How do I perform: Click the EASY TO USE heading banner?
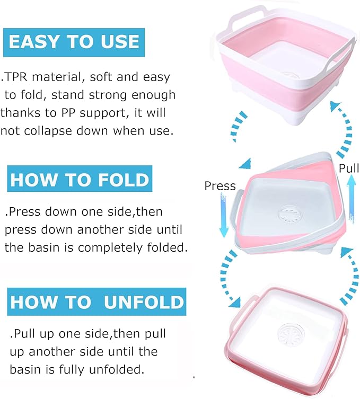tap(74, 42)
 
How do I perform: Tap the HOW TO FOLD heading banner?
tap(80, 179)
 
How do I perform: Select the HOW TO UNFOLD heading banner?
tap(96, 302)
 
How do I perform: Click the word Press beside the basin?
tap(220, 186)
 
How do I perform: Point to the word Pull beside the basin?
tap(349, 168)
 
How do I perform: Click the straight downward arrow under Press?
tap(224, 215)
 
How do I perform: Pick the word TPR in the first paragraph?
tap(15, 77)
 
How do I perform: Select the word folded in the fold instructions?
tap(167, 247)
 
